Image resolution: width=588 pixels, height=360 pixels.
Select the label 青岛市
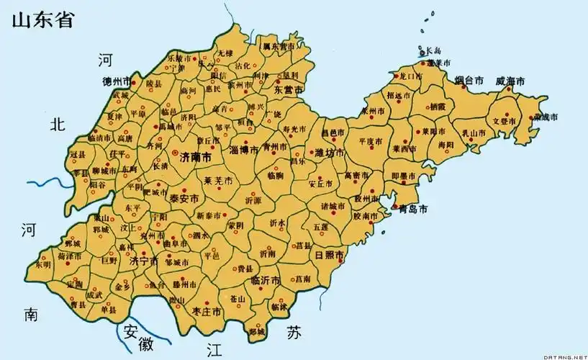click(x=413, y=210)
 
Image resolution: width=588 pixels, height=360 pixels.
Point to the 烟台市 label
click(x=470, y=81)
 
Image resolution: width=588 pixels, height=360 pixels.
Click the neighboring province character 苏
click(x=294, y=333)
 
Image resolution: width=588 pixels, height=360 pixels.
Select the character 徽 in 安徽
click(x=148, y=343)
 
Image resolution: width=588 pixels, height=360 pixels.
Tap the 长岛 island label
click(x=433, y=51)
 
